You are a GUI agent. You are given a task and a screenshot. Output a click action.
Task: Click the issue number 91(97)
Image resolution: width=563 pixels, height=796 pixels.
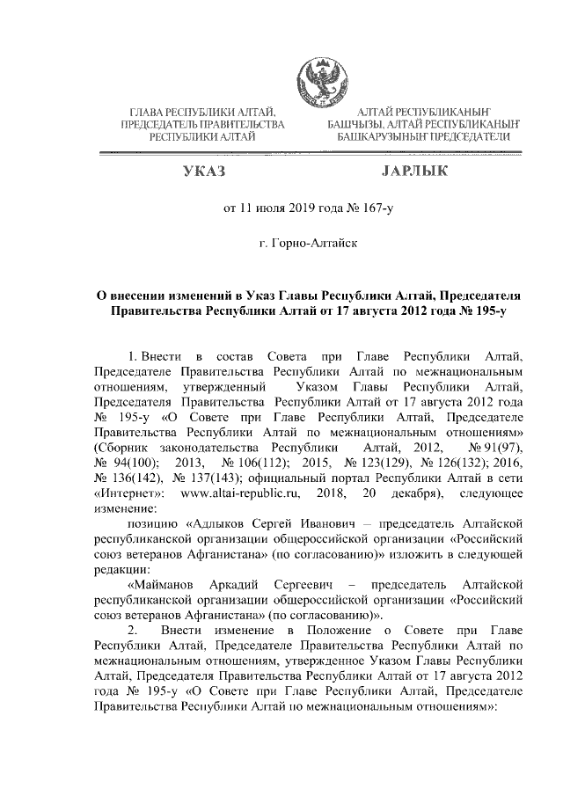[497, 448]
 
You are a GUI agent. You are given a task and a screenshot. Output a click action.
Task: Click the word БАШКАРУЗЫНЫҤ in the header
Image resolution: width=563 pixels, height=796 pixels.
[384, 137]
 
